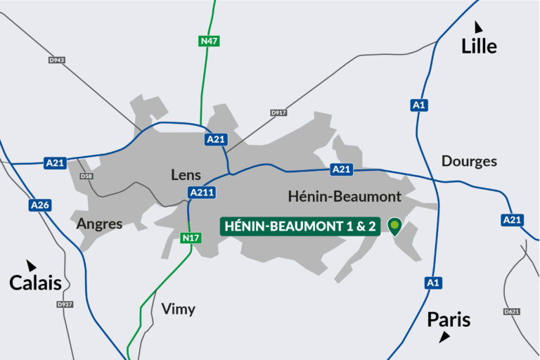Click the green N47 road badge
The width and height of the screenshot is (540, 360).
209,41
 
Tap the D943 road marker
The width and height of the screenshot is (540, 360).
57,60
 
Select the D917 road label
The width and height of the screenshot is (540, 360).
279,112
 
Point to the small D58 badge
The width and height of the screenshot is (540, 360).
86,176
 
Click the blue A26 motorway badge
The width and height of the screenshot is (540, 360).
39,205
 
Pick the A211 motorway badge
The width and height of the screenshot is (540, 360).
202,193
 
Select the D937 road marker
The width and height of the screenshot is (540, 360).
65,304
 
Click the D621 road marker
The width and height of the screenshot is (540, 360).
512,311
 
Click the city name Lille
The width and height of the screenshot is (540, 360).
479,47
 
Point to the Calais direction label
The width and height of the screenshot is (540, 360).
35,283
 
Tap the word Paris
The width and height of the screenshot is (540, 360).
449,321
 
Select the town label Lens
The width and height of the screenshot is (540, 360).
186,175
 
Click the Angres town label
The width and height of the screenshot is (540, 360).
99,224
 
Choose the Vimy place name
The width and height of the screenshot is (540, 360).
178,309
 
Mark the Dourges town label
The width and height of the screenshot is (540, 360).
469,161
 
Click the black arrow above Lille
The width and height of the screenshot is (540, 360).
478,27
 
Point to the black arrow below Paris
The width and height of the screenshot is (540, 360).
444,338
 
